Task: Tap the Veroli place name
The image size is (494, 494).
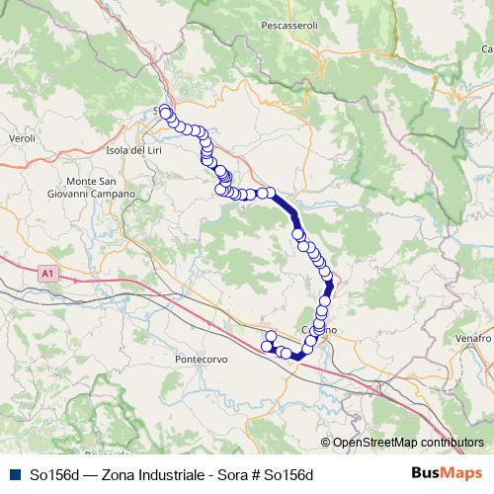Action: tap(21, 139)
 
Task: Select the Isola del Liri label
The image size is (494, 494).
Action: tap(132, 150)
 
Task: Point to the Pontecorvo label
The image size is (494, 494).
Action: tap(202, 358)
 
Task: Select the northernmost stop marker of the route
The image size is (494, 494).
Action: tap(164, 112)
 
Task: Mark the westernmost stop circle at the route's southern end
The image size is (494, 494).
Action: tap(265, 346)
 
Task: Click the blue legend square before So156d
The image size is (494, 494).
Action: tap(14, 473)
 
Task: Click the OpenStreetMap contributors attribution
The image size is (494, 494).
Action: tap(408, 443)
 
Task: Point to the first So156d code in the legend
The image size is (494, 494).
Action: tap(55, 473)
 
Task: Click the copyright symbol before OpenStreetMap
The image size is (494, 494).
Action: tap(325, 443)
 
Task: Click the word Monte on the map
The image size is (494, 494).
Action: tap(81, 182)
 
